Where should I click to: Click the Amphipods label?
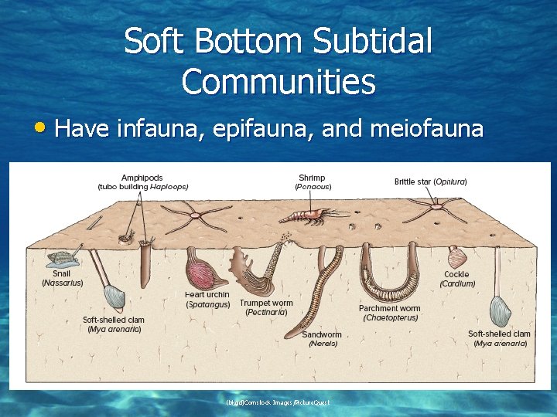tap(142, 178)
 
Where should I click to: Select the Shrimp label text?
tap(312, 178)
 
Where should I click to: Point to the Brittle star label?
tap(430, 182)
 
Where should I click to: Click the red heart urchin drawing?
tap(206, 270)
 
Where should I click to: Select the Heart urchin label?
tap(207, 294)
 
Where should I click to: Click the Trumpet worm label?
tap(266, 303)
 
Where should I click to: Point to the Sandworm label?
tap(322, 334)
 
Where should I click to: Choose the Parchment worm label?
tap(390, 308)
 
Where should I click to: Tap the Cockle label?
tap(456, 274)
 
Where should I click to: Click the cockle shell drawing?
tap(460, 255)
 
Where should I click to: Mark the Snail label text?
tap(62, 273)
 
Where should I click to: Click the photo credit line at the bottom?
tap(278, 402)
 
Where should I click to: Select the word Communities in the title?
tap(278, 81)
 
